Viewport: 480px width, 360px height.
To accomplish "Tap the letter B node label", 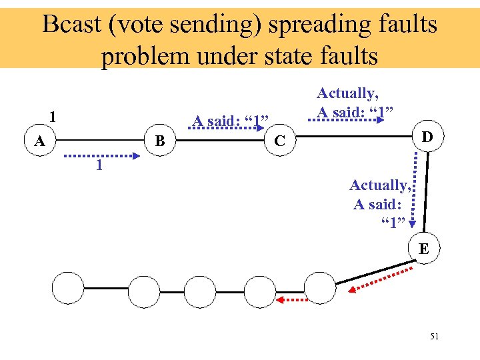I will (x=160, y=141).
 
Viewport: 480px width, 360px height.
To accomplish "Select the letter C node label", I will (x=281, y=141).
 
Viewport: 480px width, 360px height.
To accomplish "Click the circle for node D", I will (x=427, y=137).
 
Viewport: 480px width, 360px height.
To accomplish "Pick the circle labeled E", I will (x=423, y=249).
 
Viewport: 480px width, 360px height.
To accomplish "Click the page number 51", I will (x=434, y=337).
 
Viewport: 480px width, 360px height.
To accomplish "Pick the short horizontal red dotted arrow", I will (x=293, y=301).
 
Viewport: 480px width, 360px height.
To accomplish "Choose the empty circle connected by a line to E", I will (x=321, y=289).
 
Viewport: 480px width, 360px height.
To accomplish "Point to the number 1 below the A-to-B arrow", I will (x=99, y=165).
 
